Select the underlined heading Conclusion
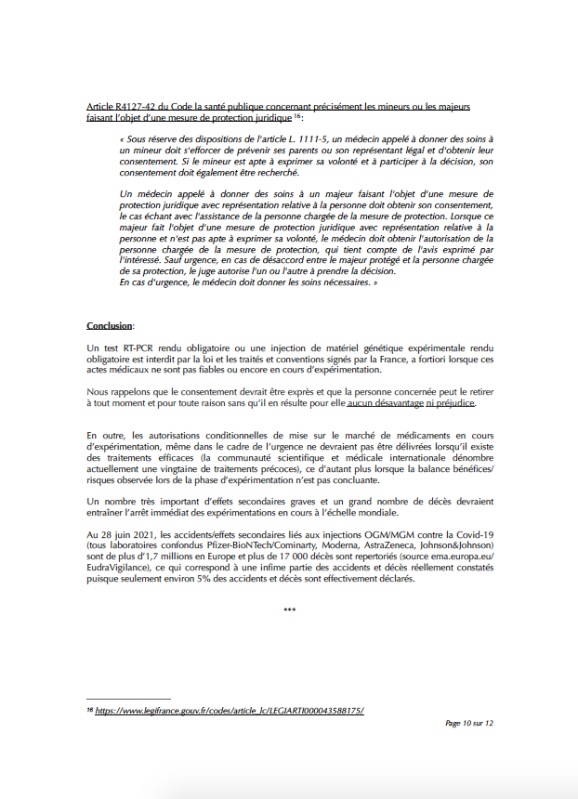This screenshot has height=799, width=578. click(109, 326)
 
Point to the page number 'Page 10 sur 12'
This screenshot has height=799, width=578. click(468, 723)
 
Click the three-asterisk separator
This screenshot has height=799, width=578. click(289, 610)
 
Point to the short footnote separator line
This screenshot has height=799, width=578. click(128, 699)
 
